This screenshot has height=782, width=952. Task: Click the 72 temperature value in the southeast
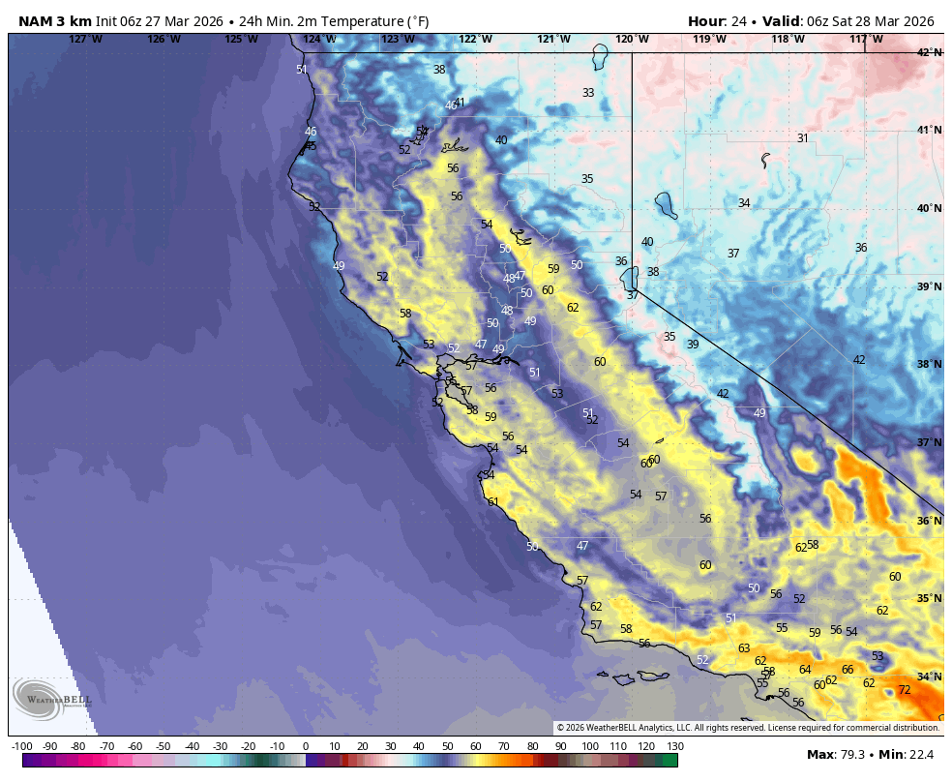point(904,690)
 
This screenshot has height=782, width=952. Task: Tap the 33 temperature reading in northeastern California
point(588,93)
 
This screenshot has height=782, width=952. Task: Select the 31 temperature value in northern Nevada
point(802,138)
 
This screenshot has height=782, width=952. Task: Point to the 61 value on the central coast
point(493,501)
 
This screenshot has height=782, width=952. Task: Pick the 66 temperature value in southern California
point(848,670)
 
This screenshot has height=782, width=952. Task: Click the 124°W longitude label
point(319,39)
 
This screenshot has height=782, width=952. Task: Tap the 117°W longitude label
point(866,39)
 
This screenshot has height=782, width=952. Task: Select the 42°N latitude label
point(929,52)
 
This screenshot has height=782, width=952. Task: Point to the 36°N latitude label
point(929,521)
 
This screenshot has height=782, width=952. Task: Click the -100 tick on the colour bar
point(22,746)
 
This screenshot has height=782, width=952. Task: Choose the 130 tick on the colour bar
point(675,746)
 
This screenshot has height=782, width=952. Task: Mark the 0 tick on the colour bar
point(306,746)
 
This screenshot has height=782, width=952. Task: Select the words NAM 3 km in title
point(54,21)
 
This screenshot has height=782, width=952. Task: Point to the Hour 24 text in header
point(721,21)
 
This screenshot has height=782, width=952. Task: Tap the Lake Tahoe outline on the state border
point(631,281)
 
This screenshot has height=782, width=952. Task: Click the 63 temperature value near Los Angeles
point(744,648)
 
